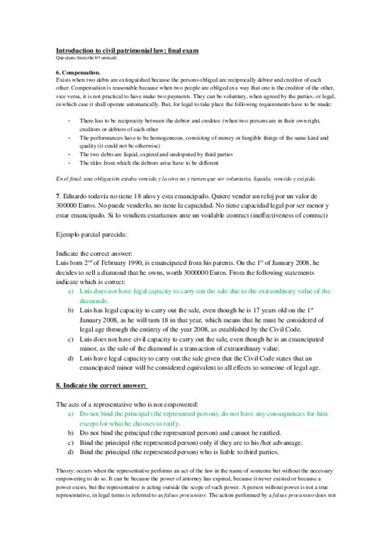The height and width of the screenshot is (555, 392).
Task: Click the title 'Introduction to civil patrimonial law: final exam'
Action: (x=127, y=50)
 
